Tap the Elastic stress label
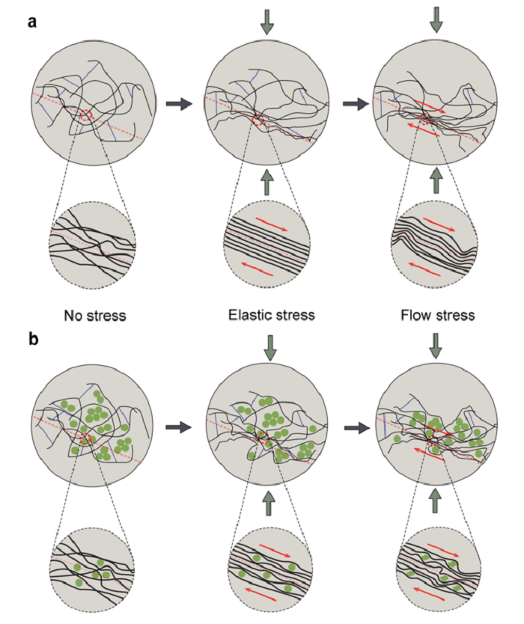point(270,315)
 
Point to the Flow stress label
point(436,315)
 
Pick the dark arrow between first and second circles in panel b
point(177,427)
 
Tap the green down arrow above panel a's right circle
point(436,20)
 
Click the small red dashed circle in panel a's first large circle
point(86,116)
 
